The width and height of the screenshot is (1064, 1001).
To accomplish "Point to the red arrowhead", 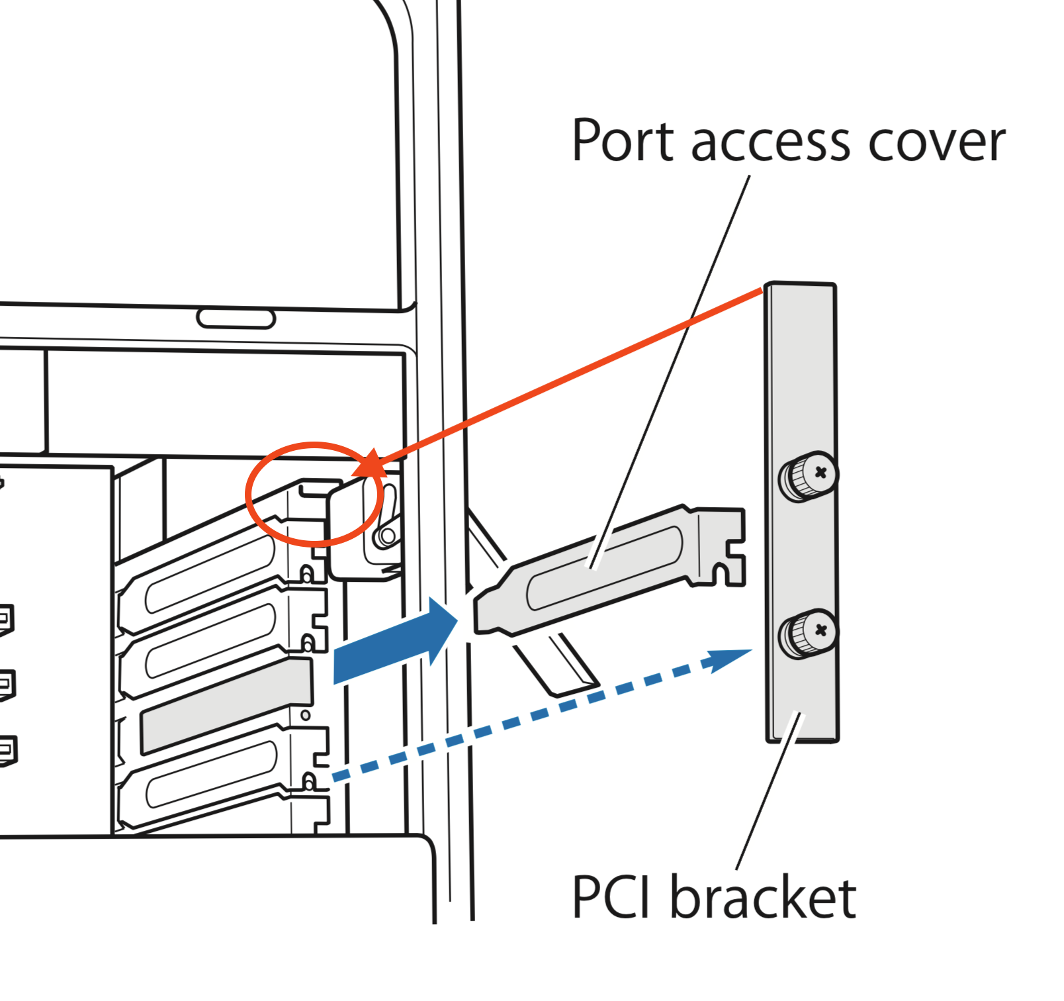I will [371, 463].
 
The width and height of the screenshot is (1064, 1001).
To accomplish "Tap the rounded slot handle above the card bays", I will [236, 318].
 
